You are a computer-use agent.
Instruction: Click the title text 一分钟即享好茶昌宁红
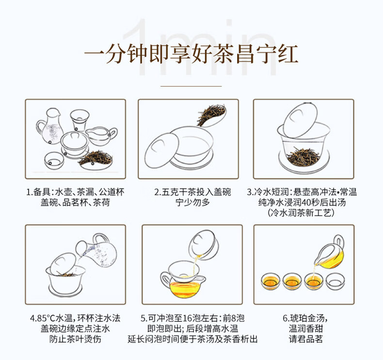coord(191,54)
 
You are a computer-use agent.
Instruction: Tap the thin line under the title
coord(191,86)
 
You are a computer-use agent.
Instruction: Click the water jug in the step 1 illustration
coord(49,126)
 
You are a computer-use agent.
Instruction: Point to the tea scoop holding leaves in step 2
coord(212,115)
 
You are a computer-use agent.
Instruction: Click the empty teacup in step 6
coord(335,281)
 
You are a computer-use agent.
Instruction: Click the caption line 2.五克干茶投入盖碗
coord(192,192)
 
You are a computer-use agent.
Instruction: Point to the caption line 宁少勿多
coord(192,203)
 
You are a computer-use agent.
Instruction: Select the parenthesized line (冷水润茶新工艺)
coord(301,213)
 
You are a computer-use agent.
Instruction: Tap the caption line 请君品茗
coord(305,339)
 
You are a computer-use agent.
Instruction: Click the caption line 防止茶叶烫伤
coord(75,339)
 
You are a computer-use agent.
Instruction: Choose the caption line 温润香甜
coord(305,329)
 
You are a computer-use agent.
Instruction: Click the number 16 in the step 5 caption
coord(187,318)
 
